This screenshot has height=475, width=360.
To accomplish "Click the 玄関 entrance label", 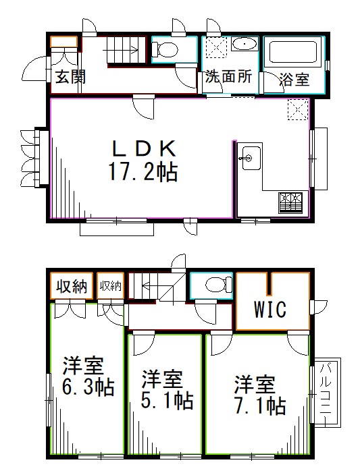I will tap(70, 77).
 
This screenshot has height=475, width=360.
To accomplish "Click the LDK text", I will tap(143, 148).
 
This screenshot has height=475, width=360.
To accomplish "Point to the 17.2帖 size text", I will tap(143, 173).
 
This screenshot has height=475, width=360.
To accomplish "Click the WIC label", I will tap(271, 310).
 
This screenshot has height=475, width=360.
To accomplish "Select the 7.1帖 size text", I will tap(261, 406).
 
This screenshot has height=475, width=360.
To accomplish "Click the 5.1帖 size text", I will tap(167, 400).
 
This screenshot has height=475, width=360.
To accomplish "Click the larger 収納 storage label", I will tap(72, 286).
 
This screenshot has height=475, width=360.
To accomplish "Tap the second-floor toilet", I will tap(212, 285).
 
